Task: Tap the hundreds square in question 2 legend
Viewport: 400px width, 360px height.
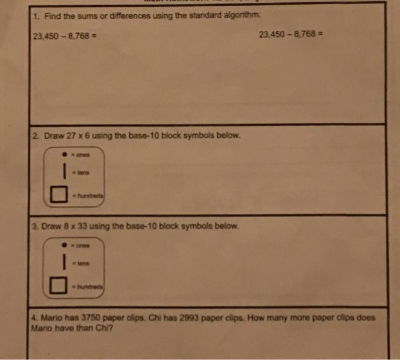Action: pyautogui.click(x=57, y=195)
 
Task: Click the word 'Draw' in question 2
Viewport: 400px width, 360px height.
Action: pyautogui.click(x=50, y=137)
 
